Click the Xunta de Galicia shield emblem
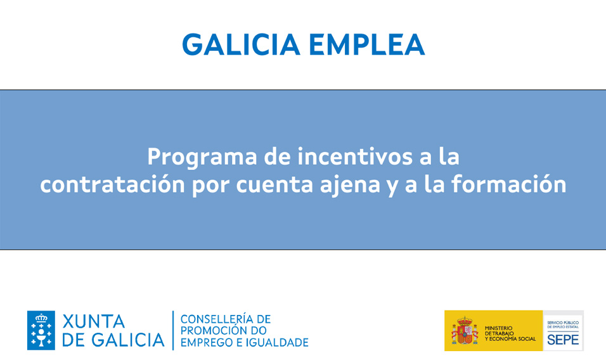coord(41,330)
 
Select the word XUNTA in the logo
coord(93,321)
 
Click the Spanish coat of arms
coord(464,331)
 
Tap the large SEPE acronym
coord(563,339)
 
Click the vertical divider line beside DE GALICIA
coord(173,330)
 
